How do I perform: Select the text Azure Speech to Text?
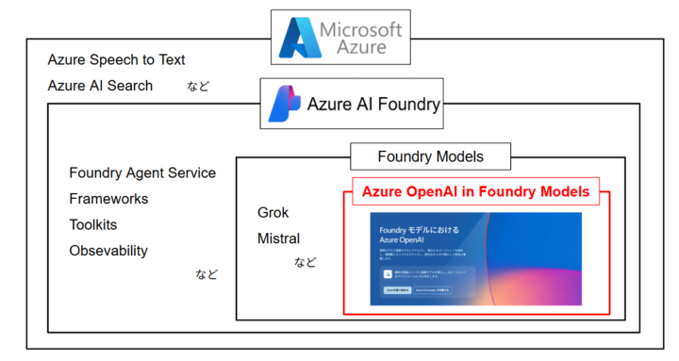tap(116, 60)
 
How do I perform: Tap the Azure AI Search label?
tap(100, 86)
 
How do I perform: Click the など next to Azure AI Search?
tap(198, 87)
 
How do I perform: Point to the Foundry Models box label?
tap(430, 156)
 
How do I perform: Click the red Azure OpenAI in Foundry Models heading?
tap(476, 191)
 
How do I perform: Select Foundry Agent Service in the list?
tap(142, 172)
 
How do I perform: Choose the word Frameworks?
tap(108, 199)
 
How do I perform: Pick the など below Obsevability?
tap(207, 275)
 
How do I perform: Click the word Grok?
tap(273, 212)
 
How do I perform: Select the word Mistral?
tap(278, 238)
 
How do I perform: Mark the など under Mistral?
tap(306, 262)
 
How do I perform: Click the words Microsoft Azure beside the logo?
tap(358, 38)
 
